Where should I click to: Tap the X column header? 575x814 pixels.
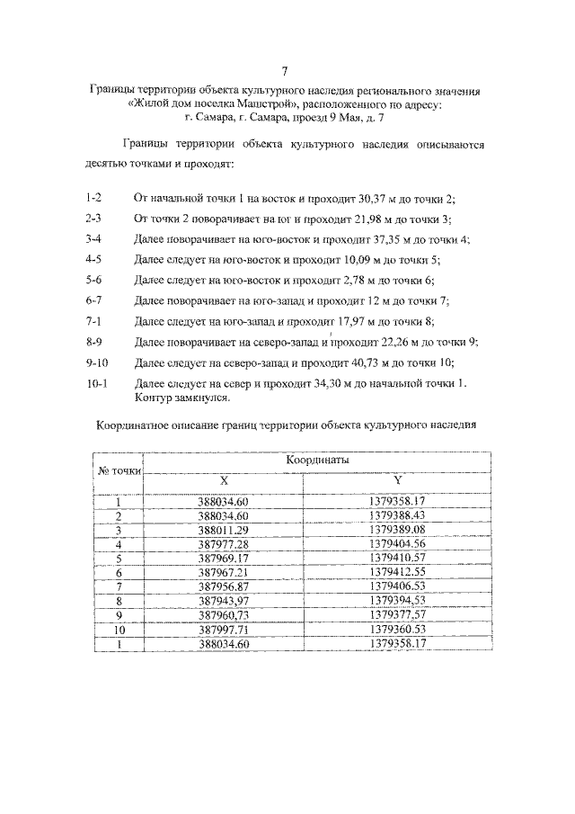pyautogui.click(x=223, y=481)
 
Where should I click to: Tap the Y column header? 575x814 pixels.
pyautogui.click(x=396, y=481)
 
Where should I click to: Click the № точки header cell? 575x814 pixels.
pyautogui.click(x=119, y=470)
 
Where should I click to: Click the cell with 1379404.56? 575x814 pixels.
pyautogui.click(x=396, y=544)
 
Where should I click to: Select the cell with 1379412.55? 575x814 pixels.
pyautogui.click(x=396, y=572)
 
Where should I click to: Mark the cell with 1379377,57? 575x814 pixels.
pyautogui.click(x=396, y=615)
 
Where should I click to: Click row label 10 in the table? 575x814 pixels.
pyautogui.click(x=119, y=630)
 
